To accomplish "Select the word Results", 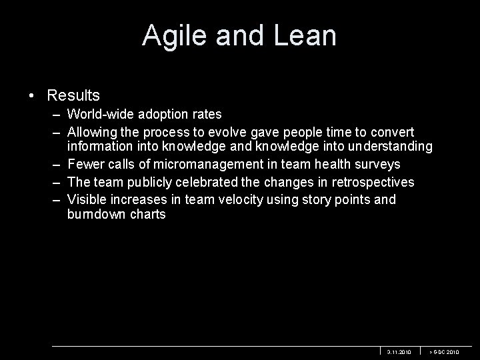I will click(73, 96).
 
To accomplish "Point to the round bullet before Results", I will click(33, 96).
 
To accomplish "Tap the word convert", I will click(391, 132).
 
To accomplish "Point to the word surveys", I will click(377, 164).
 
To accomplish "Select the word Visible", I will click(87, 199).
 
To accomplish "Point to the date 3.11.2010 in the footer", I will click(399, 351).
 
